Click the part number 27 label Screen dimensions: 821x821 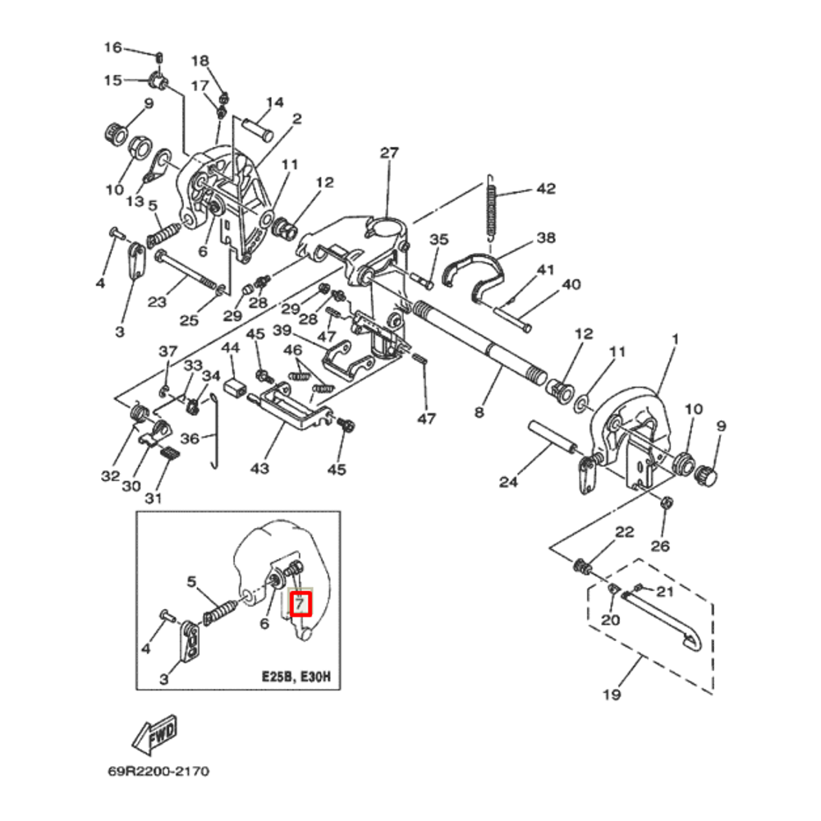coord(388,153)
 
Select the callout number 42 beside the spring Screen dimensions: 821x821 coord(546,189)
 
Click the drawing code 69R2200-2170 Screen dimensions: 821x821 coord(158,772)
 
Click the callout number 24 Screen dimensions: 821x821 coord(509,482)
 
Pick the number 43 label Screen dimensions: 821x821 coord(259,468)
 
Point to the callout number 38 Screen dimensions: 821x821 coord(546,238)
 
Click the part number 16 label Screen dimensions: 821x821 coord(112,48)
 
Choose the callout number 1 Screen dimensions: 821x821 coord(676,339)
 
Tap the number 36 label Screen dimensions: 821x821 coord(190,439)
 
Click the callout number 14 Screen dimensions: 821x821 coord(274,103)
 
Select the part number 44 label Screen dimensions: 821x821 coord(231,348)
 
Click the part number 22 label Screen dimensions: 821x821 coord(625,532)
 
